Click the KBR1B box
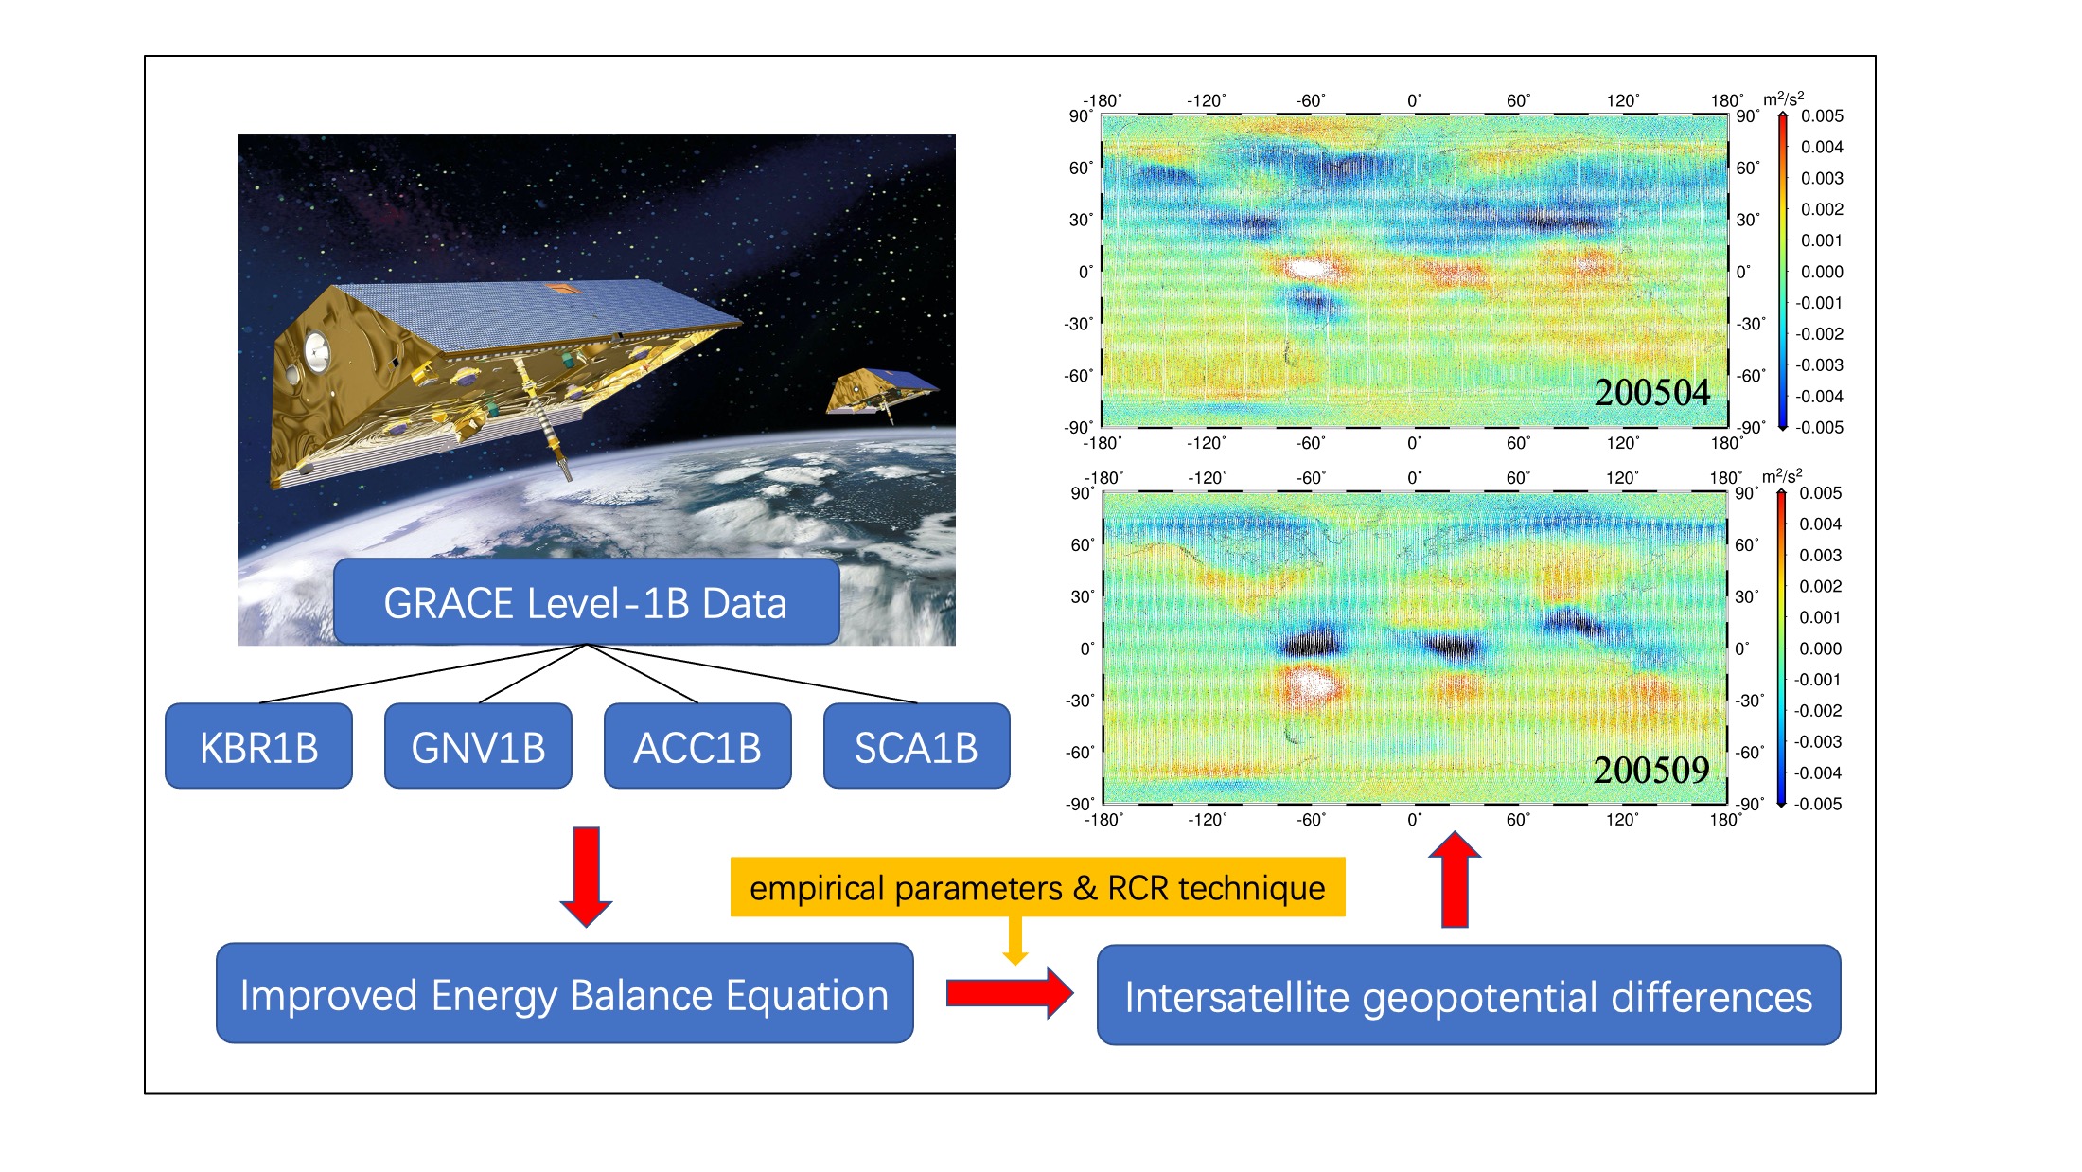pos(258,746)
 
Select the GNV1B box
pos(478,746)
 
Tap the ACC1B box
pos(697,746)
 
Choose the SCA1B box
pos(916,746)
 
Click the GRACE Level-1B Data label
pos(586,603)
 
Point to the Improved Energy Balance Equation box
pos(565,993)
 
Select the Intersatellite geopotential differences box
pos(1469,995)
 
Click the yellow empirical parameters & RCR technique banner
pos(1037,887)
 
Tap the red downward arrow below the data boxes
pos(586,877)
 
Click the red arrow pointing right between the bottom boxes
pos(1010,992)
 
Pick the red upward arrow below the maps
pos(1455,879)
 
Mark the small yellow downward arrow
pos(1015,940)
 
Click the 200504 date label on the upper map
pos(1651,392)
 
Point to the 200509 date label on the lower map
pos(1651,770)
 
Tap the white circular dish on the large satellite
pos(317,351)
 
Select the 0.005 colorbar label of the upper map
pos(1822,115)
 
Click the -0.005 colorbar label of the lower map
pos(1818,804)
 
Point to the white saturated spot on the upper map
pos(1309,268)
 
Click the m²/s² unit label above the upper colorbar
pos(1783,98)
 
